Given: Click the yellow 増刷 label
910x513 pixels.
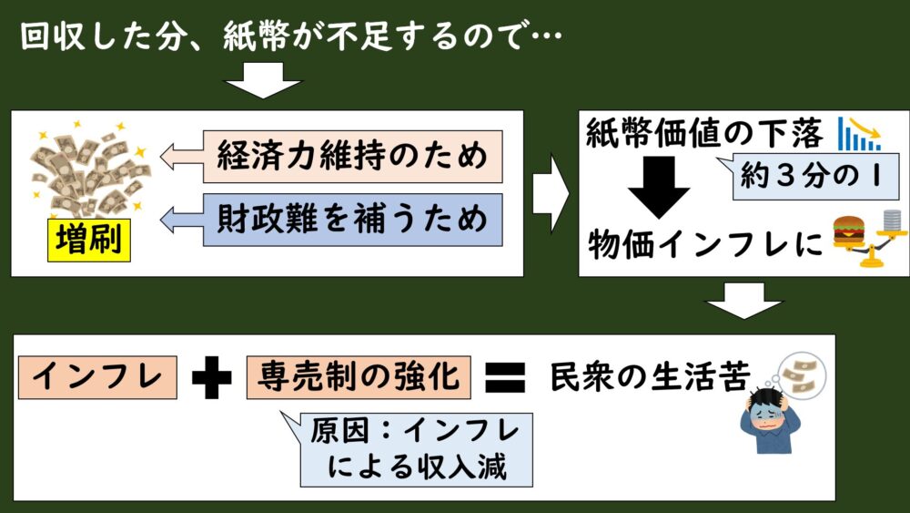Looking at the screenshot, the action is pos(89,240).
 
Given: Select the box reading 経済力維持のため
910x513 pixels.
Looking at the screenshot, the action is pos(352,157).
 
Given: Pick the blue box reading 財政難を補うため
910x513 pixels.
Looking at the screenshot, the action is pos(352,220).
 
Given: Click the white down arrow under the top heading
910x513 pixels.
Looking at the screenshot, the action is pos(263,80).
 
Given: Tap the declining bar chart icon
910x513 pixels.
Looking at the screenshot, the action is pos(860,134).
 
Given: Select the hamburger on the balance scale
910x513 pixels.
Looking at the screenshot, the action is pos(848,231).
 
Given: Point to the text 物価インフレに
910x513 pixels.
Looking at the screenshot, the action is pos(705,244).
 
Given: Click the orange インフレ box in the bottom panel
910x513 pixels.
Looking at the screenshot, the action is pos(97,377).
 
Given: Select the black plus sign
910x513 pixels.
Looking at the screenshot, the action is pos(212,377).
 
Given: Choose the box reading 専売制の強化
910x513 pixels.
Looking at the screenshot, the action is pos(359,377).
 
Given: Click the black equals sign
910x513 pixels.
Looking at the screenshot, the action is pos(505,378).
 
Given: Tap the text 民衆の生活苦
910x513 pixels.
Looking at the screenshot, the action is pos(650,376).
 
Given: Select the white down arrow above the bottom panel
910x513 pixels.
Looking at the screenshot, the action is pos(743,301).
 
